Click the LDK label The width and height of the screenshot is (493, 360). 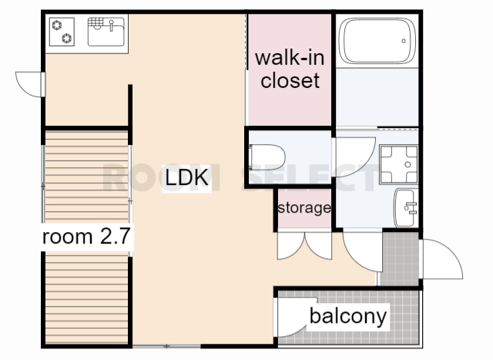(186, 177)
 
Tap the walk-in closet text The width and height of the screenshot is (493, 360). (290, 69)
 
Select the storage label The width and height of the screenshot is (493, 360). (304, 207)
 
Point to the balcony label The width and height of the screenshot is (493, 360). (348, 316)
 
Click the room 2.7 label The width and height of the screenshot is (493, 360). (86, 237)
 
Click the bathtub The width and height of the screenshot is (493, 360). (377, 41)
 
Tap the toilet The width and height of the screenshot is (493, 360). (267, 157)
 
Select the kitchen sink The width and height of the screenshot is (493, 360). (106, 32)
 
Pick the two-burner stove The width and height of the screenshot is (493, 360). (62, 32)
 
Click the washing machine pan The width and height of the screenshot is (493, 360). (399, 164)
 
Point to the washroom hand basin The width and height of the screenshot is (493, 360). (406, 207)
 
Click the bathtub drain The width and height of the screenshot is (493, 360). (404, 41)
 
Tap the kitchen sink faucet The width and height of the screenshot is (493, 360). (111, 25)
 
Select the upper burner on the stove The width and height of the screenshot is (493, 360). (57, 25)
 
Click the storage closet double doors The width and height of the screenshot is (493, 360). (304, 246)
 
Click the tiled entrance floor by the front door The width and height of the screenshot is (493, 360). (399, 259)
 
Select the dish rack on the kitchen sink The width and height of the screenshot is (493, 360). (96, 22)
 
